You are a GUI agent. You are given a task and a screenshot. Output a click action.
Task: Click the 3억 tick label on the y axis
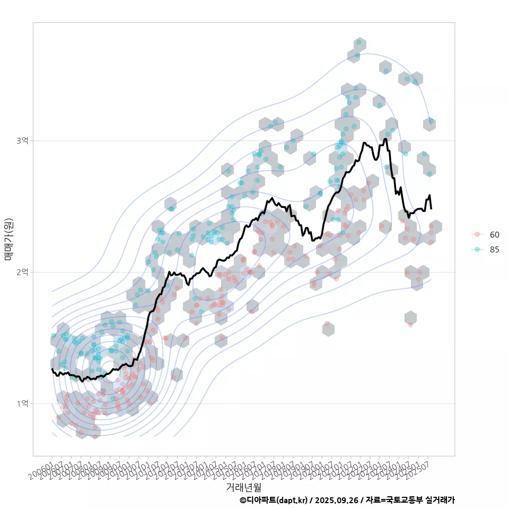[23, 141]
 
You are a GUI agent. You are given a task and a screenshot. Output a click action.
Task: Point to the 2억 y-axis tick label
[23, 272]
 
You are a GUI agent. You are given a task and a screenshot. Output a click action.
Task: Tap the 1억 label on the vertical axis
[23, 403]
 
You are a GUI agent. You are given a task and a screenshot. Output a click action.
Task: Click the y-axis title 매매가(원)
[8, 239]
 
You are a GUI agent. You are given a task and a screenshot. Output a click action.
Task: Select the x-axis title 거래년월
[244, 487]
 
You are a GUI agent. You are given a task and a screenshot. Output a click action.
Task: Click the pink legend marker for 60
[477, 234]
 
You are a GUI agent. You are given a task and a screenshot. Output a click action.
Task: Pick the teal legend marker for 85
[477, 250]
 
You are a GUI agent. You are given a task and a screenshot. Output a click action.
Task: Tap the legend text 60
[495, 234]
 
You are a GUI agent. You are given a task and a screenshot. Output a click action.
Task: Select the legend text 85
[495, 250]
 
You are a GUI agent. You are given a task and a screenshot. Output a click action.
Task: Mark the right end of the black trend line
[431, 208]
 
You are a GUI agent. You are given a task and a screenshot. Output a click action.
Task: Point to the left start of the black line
[52, 369]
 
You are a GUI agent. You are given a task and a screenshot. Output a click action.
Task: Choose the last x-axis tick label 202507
[422, 471]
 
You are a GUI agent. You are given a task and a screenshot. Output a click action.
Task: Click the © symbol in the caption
[243, 500]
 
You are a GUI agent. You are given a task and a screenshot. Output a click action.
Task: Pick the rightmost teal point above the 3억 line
[431, 121]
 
